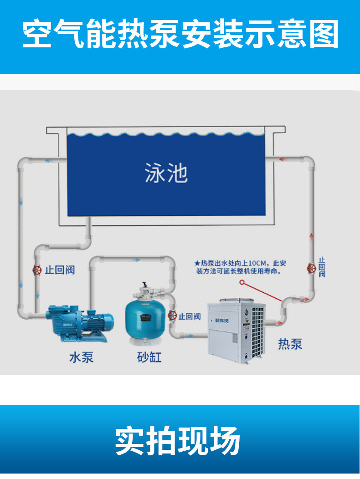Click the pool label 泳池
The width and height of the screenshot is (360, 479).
166,173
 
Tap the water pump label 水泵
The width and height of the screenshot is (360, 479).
81,357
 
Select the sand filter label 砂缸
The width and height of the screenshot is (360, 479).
149,357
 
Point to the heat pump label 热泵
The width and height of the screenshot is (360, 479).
290,344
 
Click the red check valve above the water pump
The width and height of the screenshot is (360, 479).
36,270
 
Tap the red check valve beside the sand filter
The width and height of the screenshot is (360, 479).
173,315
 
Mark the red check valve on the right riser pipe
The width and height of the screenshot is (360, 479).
312,268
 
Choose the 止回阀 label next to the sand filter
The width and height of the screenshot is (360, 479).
190,316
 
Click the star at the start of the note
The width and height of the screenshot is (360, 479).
197,263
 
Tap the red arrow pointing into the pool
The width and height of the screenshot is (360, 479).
282,159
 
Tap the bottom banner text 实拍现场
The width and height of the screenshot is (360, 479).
177,441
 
